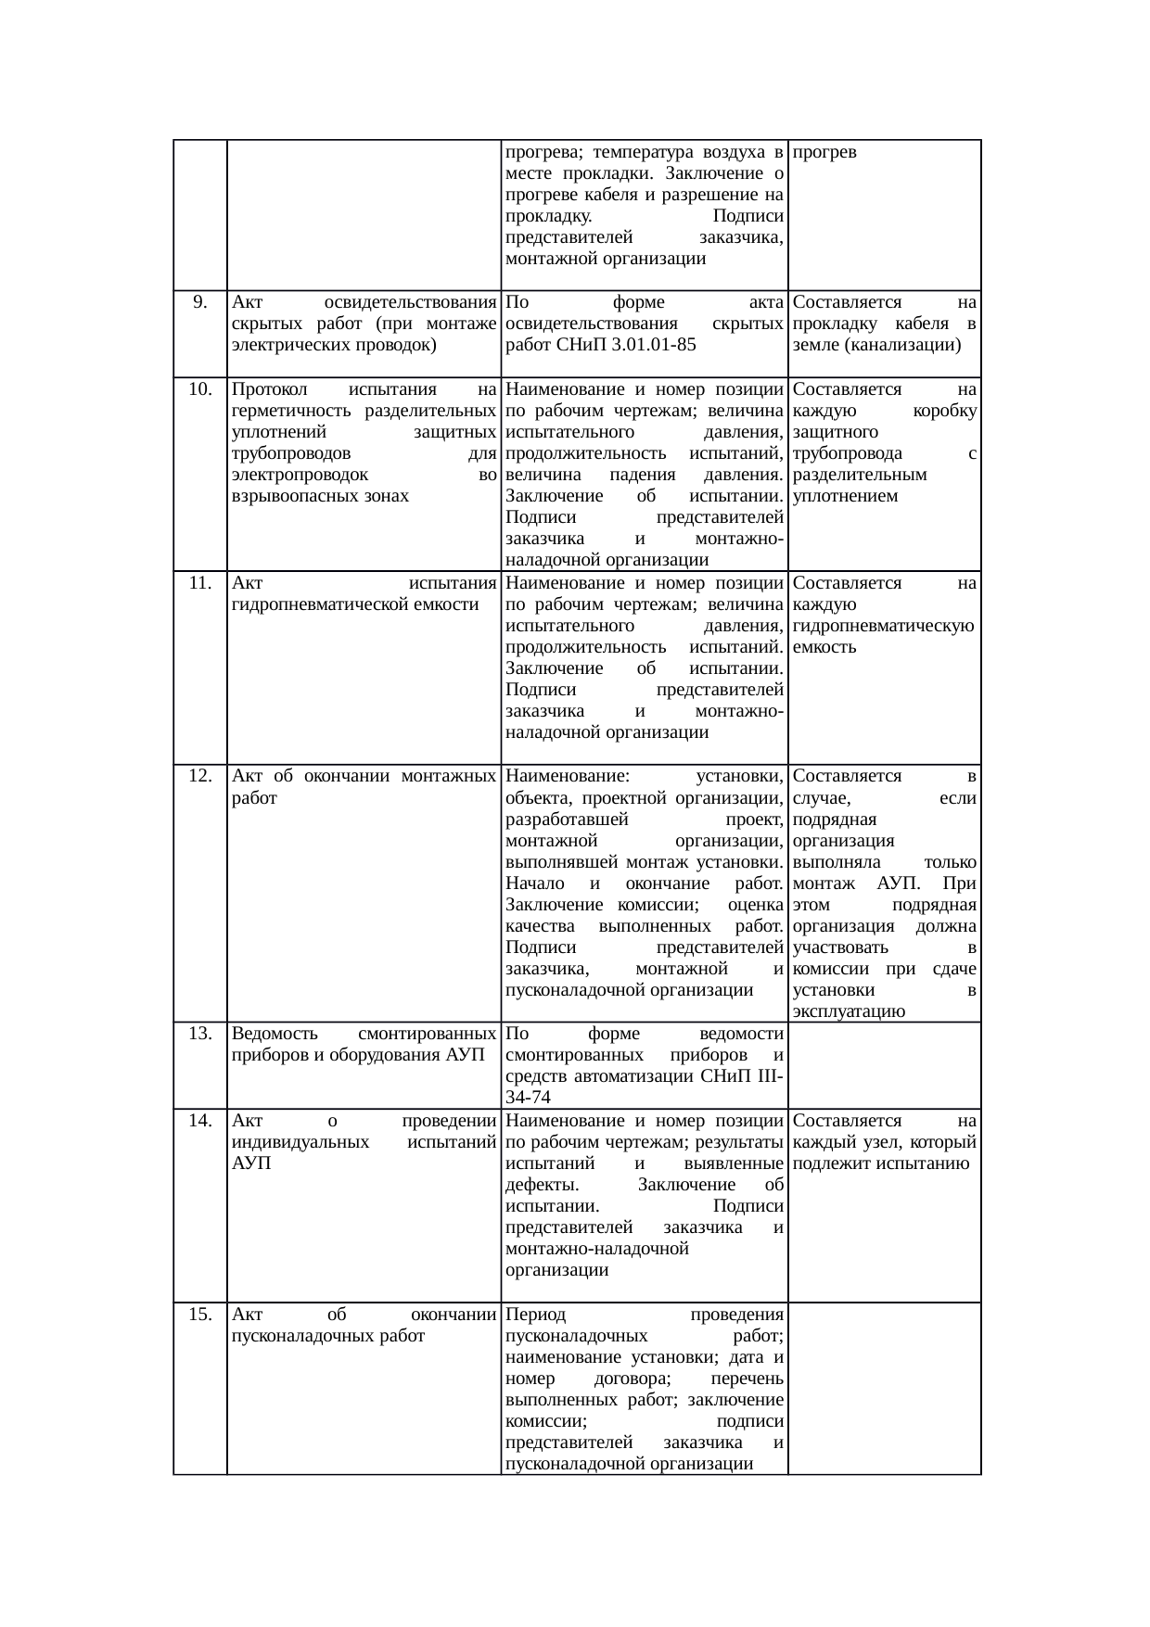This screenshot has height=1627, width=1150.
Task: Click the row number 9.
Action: tap(199, 302)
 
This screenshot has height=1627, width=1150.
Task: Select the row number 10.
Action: tap(199, 389)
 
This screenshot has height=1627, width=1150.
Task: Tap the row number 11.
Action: tap(199, 583)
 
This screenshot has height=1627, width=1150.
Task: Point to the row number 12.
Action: tap(199, 776)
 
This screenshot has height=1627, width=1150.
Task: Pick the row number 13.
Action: tap(199, 1034)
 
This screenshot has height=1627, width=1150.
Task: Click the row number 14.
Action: tap(199, 1121)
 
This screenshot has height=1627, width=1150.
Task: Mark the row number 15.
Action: tap(199, 1315)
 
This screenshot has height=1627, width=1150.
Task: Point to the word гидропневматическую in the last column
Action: tap(883, 626)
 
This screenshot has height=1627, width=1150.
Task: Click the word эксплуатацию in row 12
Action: tap(849, 1011)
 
